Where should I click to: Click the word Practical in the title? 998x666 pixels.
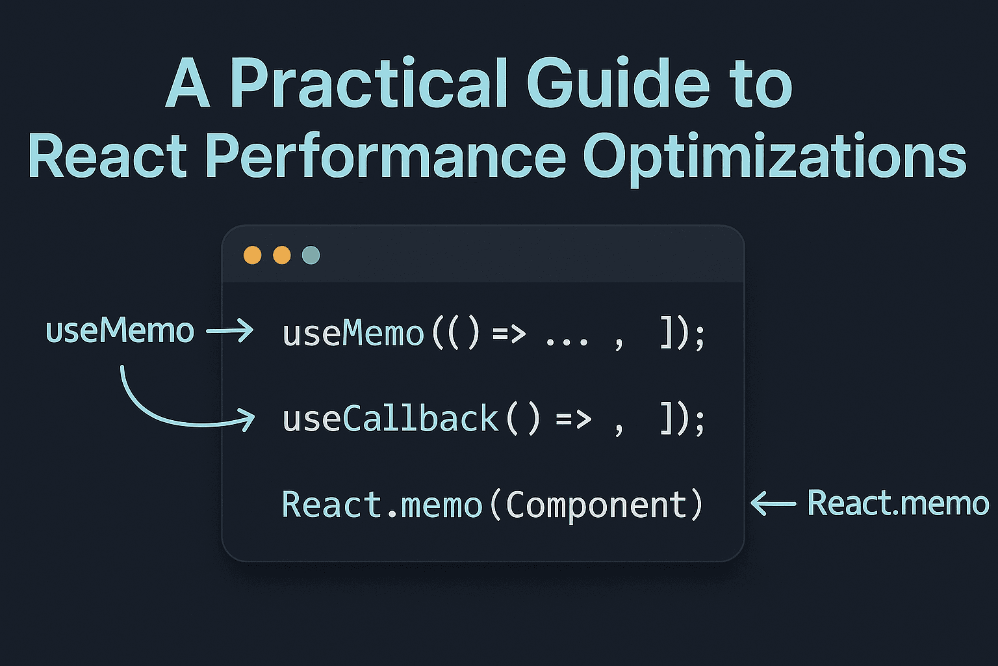tap(368, 83)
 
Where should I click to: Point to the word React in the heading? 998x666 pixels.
tap(107, 155)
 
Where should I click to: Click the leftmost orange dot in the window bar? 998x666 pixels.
tap(252, 255)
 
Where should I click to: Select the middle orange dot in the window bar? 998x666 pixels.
tap(281, 255)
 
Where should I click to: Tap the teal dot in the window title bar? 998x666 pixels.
tap(311, 255)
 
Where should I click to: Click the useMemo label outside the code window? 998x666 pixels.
tap(120, 330)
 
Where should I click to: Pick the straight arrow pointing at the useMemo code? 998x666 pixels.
tap(229, 330)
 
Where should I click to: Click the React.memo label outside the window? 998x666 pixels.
tap(898, 503)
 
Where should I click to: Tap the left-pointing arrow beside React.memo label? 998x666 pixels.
tap(773, 503)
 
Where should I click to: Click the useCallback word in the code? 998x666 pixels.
tap(390, 419)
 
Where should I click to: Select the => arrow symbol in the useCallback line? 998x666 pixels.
tap(574, 420)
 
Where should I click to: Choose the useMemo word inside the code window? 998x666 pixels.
tap(353, 333)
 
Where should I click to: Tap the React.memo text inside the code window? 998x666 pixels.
tap(382, 505)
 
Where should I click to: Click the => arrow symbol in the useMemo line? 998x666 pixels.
tap(509, 333)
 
